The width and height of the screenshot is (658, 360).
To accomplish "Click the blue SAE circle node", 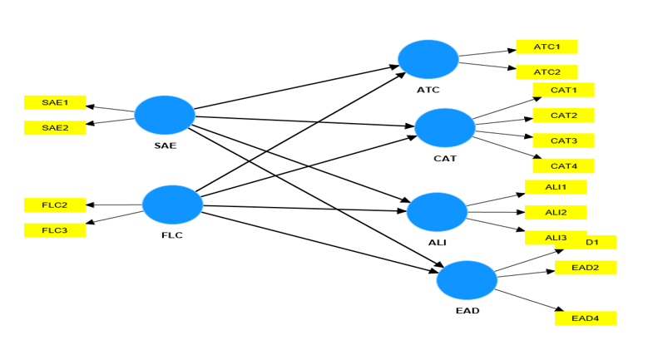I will [164, 116].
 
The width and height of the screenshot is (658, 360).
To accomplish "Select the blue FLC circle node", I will [172, 205].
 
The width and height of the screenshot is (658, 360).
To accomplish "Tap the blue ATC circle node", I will [428, 59].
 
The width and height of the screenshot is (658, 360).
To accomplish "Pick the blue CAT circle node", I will [444, 128].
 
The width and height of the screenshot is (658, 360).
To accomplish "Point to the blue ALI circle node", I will [437, 212].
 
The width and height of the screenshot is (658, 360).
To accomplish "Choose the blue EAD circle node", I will [467, 280].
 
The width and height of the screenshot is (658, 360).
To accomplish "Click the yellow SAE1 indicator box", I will [55, 103].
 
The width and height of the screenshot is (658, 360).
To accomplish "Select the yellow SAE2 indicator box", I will [55, 128].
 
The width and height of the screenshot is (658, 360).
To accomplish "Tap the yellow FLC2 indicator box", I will [55, 205].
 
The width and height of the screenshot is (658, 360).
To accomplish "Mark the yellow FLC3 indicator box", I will [55, 230].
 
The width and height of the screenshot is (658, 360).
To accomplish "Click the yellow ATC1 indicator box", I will [547, 47].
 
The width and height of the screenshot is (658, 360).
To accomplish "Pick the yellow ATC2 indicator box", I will [547, 72].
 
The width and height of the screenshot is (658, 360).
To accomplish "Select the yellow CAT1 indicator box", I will [563, 89].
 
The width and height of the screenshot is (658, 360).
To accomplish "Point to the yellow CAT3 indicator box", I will [563, 140].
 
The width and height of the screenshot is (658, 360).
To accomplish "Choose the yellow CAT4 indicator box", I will [563, 165].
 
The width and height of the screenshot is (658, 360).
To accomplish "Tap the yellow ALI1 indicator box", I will [555, 187].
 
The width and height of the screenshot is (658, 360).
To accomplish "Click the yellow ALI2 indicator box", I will [555, 212].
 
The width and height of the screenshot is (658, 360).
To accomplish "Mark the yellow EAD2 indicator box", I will [586, 268].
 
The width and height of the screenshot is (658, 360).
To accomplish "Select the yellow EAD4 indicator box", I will [586, 318].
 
